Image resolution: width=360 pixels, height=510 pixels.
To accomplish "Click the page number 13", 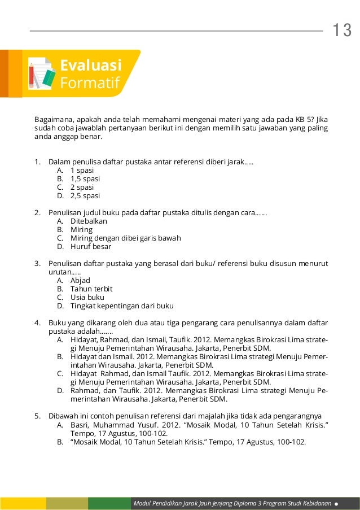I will point(341,30).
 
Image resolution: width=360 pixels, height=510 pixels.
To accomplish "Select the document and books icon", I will point(41,73).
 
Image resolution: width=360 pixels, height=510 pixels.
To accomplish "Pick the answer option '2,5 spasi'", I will point(85,195).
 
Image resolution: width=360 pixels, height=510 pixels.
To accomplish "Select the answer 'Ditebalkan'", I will point(89,221).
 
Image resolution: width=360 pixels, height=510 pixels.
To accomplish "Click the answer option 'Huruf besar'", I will point(91,246).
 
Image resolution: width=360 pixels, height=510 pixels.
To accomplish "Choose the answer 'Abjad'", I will point(80,280).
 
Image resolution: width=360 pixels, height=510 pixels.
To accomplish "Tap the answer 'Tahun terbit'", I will point(91,289).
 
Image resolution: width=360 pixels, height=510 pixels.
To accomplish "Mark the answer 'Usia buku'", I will point(87,297).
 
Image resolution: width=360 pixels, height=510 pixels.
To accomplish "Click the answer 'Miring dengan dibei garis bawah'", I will point(125,238).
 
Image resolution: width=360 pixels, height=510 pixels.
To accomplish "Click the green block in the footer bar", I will point(109,503).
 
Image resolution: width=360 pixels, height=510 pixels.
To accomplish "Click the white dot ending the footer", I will point(337,503).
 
